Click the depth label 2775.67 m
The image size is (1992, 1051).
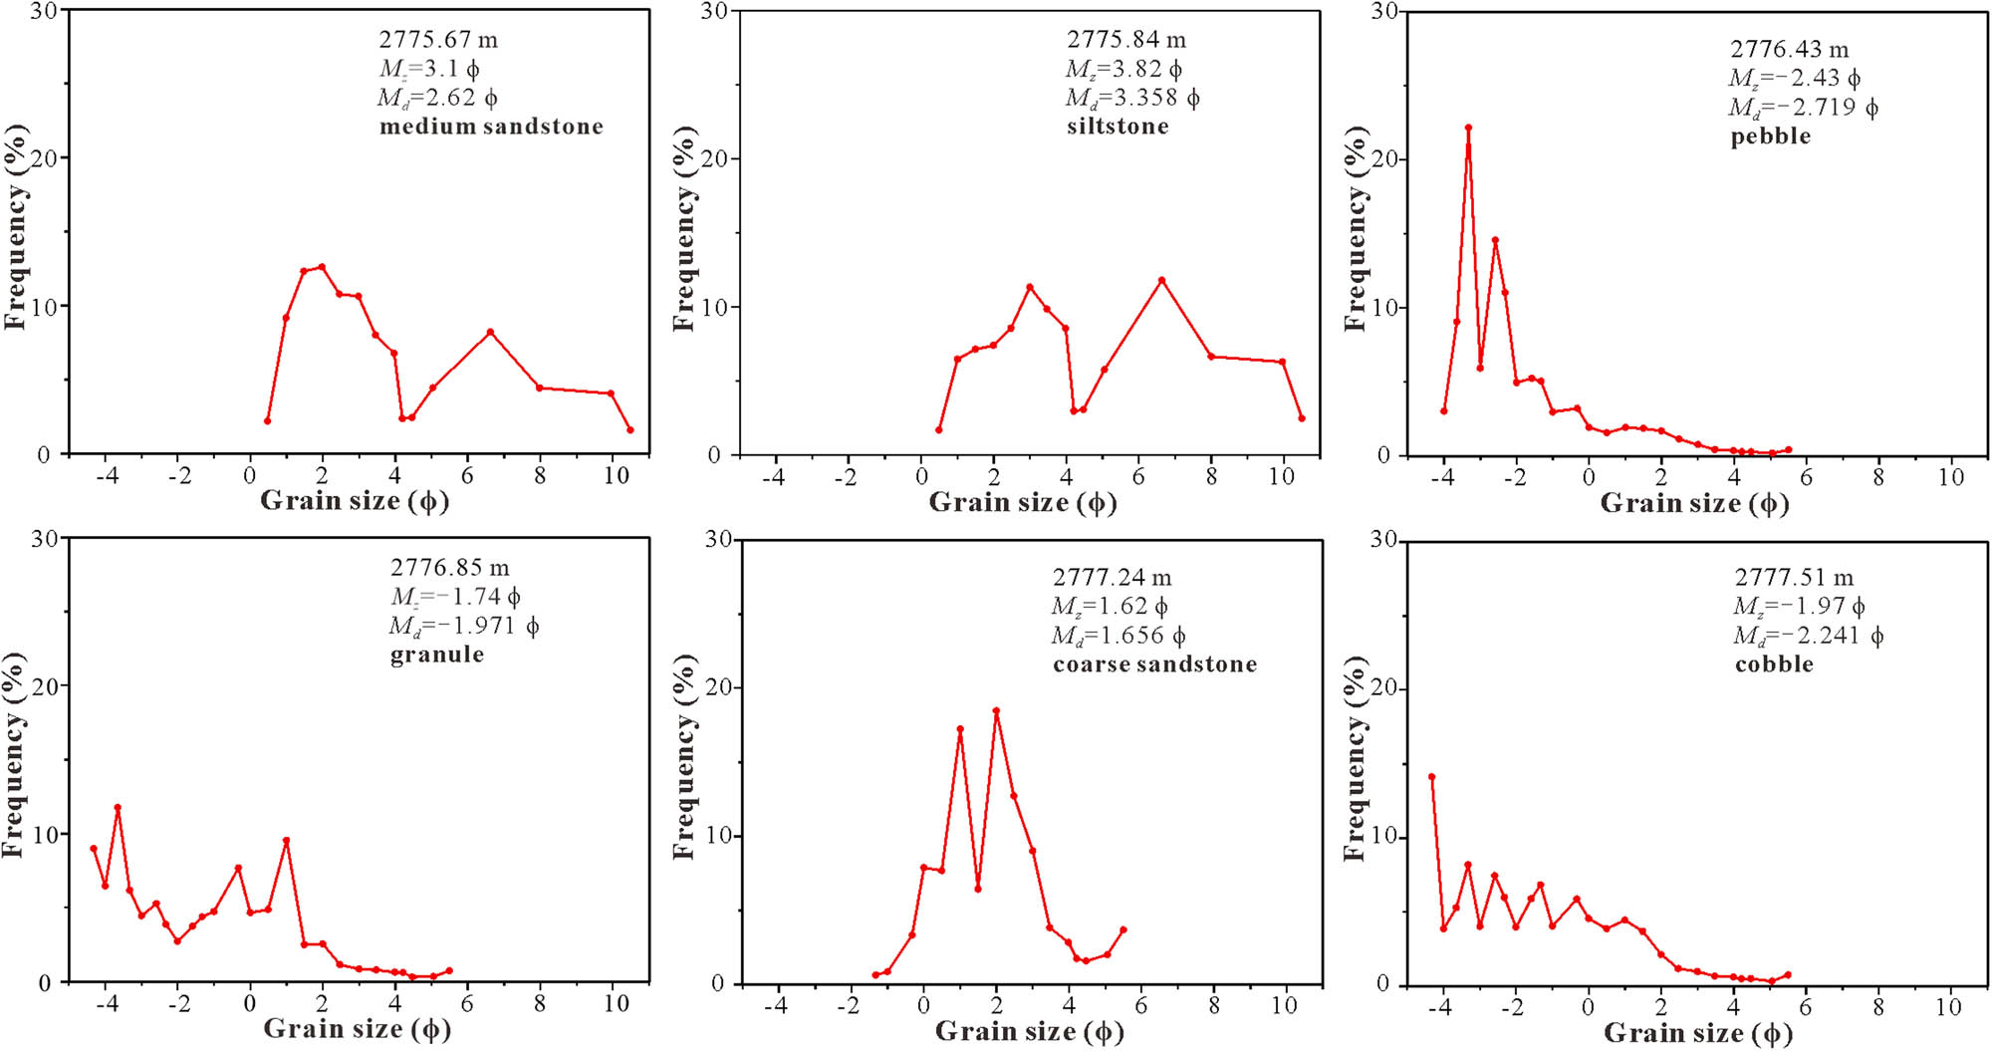[x=437, y=40]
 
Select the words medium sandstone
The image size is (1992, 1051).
[x=491, y=127]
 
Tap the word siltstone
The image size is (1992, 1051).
[x=1118, y=127]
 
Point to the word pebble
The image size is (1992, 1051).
[x=1770, y=136]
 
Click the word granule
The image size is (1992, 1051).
[x=437, y=655]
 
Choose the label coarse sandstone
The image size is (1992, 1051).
[x=1154, y=664]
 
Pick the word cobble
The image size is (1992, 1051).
[x=1774, y=664]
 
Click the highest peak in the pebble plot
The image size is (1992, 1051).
[x=1468, y=128]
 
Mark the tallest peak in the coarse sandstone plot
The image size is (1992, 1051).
[x=996, y=711]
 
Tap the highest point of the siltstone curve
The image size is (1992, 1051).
[x=1161, y=280]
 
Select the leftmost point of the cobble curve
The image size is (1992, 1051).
[x=1432, y=777]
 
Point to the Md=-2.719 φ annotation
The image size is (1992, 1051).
[x=1803, y=108]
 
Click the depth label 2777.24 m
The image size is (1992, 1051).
[x=1112, y=578]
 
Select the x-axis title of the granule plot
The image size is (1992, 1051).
[x=357, y=1029]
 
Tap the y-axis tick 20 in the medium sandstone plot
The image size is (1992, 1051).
[x=44, y=157]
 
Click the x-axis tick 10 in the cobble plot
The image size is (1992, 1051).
[x=1948, y=1007]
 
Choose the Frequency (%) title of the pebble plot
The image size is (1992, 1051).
[x=1355, y=229]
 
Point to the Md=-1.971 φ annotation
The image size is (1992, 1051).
[x=464, y=626]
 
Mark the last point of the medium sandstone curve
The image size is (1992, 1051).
[x=629, y=430]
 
